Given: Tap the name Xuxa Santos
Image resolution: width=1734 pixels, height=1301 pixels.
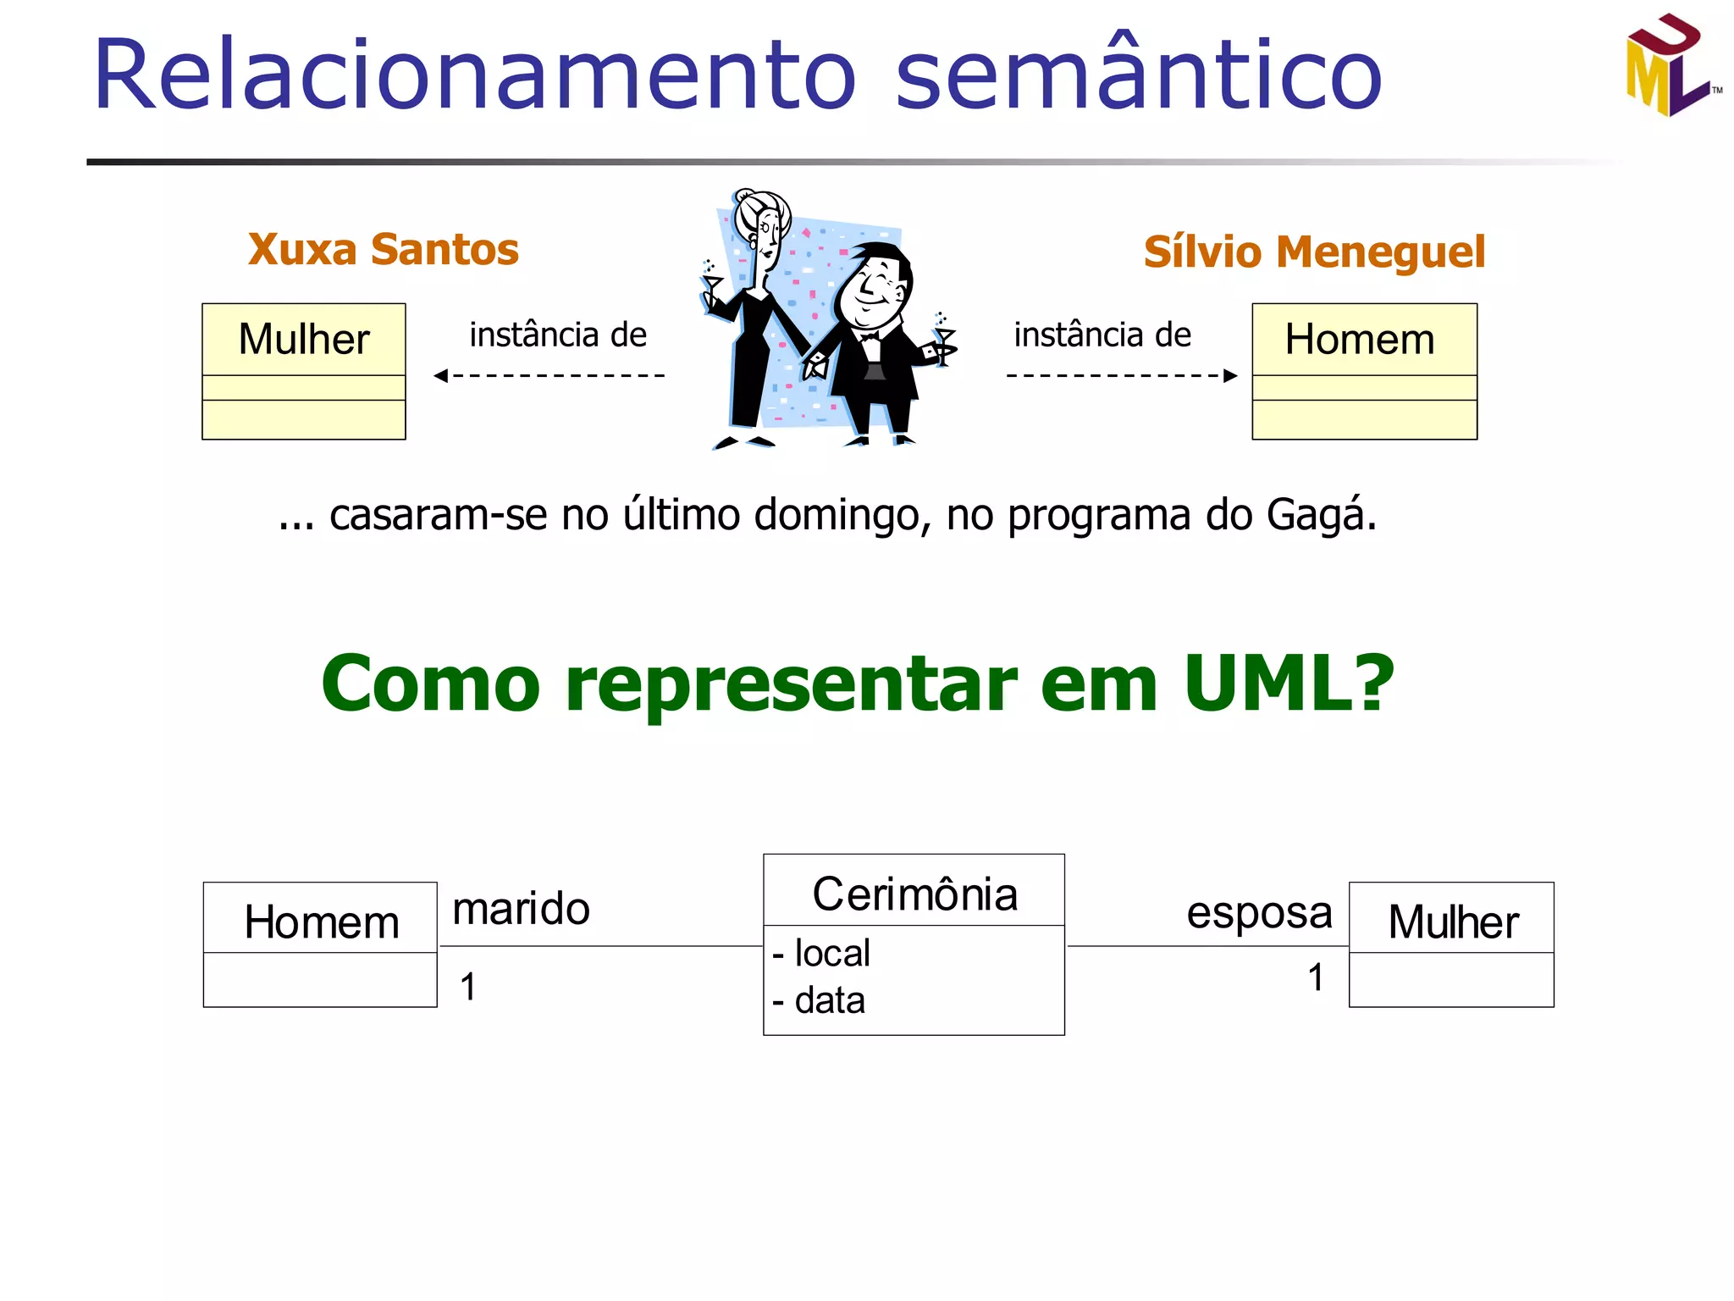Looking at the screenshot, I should [x=383, y=250].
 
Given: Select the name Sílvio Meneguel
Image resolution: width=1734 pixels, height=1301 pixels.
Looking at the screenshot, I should [x=1314, y=252].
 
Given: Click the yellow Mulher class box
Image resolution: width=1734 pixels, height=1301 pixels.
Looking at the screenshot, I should [x=304, y=371].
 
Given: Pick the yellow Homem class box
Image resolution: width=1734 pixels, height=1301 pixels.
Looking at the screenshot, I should [x=1364, y=371].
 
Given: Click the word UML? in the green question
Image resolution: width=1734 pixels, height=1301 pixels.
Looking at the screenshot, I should [x=1288, y=684].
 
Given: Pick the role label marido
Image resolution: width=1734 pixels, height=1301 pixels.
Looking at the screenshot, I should [x=521, y=909].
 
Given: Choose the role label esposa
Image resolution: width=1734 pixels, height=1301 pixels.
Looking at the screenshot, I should [x=1259, y=913].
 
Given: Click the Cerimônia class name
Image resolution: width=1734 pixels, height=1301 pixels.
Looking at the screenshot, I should [x=914, y=894].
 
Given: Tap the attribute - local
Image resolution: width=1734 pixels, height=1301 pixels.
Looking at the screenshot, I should [x=821, y=954].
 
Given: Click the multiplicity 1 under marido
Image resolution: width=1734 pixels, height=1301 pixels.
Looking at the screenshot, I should [x=468, y=987].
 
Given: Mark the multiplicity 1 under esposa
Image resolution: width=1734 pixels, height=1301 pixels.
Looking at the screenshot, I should [x=1315, y=977].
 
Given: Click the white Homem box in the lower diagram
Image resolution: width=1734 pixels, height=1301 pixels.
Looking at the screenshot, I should [x=321, y=944].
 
